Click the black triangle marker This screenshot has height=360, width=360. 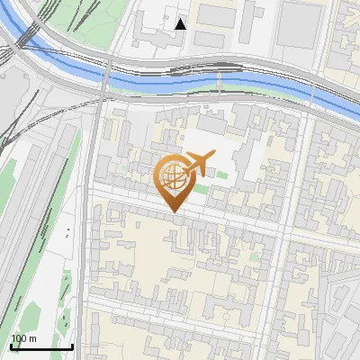(x=181, y=24)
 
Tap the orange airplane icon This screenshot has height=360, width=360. (x=198, y=162)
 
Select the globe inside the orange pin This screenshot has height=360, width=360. (x=173, y=176)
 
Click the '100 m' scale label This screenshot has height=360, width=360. (x=22, y=338)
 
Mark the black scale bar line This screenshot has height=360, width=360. (x=41, y=346)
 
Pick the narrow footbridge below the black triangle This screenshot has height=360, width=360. (x=218, y=81)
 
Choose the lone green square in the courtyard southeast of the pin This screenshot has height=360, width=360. (x=255, y=257)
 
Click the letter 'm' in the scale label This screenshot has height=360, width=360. (x=32, y=338)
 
